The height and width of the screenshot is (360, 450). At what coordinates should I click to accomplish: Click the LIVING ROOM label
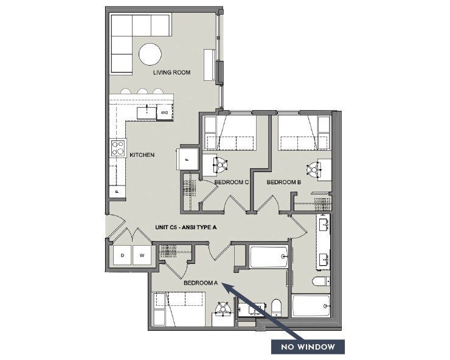171,72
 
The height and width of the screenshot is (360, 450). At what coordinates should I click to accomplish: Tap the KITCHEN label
142,155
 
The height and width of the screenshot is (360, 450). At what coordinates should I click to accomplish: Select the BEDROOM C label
232,182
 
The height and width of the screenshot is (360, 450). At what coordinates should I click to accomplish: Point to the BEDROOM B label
284,182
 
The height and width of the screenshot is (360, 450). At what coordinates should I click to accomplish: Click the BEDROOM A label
200,283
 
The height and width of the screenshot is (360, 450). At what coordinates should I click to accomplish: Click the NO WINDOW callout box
307,347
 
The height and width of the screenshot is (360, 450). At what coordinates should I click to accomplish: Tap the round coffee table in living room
150,54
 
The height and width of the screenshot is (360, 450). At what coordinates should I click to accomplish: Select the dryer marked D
122,255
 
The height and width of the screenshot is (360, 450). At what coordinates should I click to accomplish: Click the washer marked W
141,255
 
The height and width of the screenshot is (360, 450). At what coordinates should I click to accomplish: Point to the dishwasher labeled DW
164,112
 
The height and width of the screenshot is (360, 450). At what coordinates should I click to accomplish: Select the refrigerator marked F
187,159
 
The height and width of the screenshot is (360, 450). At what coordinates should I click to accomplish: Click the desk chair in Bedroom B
315,170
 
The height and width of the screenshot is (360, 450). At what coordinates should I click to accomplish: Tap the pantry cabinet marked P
117,191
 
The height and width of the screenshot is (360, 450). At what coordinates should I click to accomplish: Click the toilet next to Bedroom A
277,306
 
